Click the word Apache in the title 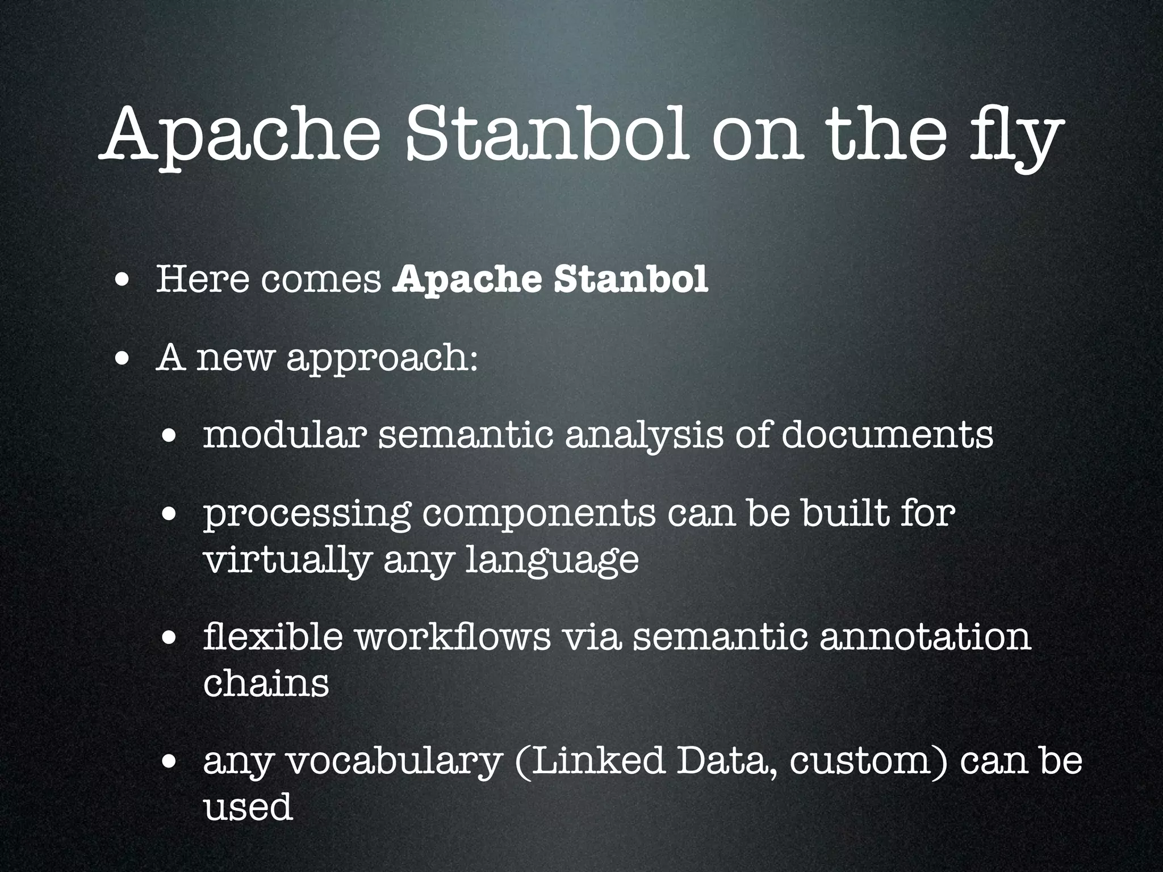tap(239, 136)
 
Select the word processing tap(307, 514)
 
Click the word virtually tap(287, 560)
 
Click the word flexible tap(273, 636)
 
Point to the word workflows tap(453, 636)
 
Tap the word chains tap(266, 684)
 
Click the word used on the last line tap(248, 807)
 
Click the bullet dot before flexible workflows tap(168, 638)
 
